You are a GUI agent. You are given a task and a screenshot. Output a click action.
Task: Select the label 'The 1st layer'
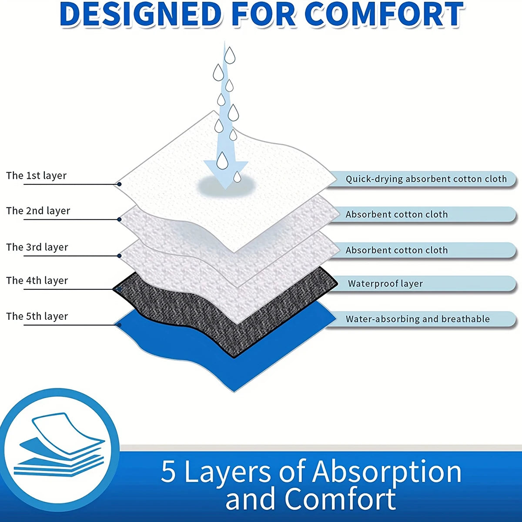[37, 176]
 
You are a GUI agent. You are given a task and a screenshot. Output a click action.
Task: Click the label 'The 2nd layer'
[38, 211]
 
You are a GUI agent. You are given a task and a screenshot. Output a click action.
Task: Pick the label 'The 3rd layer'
[37, 247]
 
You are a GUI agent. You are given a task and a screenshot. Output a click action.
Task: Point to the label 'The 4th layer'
[37, 281]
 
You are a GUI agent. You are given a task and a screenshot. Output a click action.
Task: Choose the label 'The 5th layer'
[37, 316]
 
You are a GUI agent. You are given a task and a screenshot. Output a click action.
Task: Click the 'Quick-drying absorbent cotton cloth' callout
[426, 179]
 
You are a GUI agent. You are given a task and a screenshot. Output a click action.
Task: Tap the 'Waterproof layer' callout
[385, 284]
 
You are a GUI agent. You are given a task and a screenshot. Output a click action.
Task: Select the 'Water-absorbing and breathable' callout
[418, 319]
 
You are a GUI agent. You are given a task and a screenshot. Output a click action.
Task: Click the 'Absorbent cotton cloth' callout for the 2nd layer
[397, 214]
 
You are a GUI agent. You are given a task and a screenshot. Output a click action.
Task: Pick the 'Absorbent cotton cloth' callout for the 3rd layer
[397, 250]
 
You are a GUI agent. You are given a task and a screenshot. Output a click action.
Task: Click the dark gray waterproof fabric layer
[183, 304]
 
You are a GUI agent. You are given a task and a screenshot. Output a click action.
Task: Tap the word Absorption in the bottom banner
[387, 472]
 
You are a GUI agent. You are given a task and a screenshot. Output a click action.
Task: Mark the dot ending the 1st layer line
[119, 184]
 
